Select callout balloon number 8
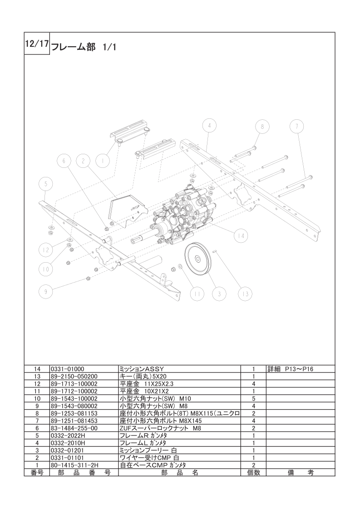coord(262,127)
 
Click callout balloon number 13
coord(245,294)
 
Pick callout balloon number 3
coord(219,294)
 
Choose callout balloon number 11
coord(197,294)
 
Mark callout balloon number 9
coord(45,292)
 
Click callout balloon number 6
coord(64,161)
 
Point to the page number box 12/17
coord(36,45)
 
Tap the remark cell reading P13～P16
coord(291,369)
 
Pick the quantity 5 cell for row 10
coord(253,398)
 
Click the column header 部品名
coord(179,472)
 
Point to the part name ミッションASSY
coord(141,369)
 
